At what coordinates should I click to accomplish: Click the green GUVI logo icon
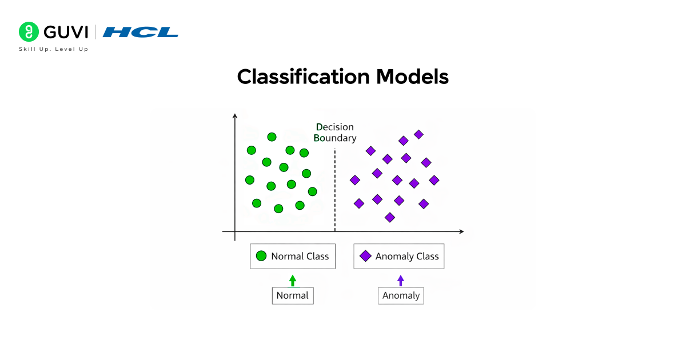(28, 32)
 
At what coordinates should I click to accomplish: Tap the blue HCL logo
(141, 32)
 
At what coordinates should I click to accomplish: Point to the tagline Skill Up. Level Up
(54, 49)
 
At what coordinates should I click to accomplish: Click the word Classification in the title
(302, 77)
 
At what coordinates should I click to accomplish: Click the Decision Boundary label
(335, 133)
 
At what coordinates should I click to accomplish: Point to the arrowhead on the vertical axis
(234, 116)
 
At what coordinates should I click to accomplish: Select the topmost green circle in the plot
(272, 137)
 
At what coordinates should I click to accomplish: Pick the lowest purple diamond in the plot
(390, 217)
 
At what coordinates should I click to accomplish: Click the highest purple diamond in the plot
(418, 134)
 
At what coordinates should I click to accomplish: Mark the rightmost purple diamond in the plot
(434, 180)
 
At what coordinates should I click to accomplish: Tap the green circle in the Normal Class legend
(261, 257)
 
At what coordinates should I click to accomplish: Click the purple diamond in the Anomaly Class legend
(365, 257)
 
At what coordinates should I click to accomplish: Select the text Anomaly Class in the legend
(407, 257)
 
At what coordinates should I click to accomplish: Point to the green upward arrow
(293, 280)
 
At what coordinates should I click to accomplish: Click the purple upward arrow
(401, 280)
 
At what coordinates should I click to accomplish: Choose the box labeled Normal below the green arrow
(293, 295)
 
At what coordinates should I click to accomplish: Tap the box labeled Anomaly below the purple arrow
(401, 295)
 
